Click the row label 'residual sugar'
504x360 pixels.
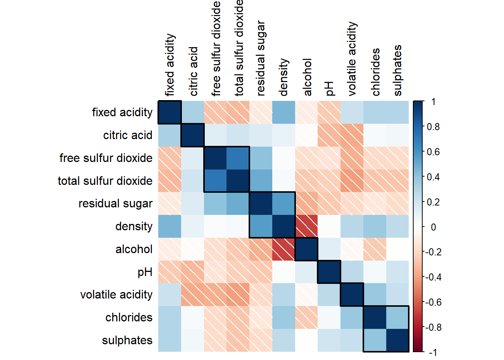click(115, 204)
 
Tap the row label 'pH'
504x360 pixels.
click(145, 272)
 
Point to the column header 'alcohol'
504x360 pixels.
click(307, 77)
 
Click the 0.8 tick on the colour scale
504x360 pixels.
click(433, 127)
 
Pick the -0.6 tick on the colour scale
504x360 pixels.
click(433, 302)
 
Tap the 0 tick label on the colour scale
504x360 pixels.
click(433, 227)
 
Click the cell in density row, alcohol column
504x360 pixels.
click(307, 226)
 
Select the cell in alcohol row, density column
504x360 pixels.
click(284, 249)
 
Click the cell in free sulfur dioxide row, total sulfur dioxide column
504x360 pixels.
click(238, 158)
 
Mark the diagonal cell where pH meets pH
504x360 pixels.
click(330, 272)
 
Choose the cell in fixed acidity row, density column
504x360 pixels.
click(284, 112)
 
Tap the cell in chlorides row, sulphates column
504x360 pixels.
click(398, 318)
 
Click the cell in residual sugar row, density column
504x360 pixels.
click(284, 204)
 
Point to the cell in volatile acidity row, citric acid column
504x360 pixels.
click(192, 295)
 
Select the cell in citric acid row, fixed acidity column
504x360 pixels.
click(169, 135)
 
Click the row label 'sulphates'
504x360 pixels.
click(127, 340)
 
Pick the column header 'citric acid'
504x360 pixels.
click(193, 71)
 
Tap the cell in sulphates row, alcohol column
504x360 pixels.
click(307, 340)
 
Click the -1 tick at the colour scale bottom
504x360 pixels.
click(433, 352)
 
